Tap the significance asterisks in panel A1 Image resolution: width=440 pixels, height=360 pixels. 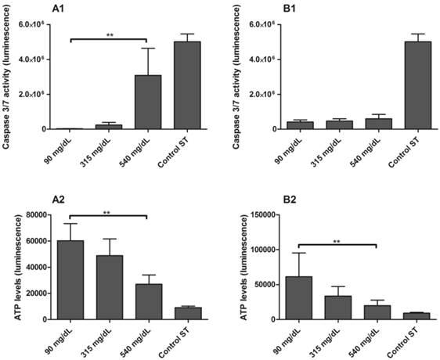click(x=110, y=34)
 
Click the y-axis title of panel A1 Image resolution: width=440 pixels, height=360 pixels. click(x=9, y=73)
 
